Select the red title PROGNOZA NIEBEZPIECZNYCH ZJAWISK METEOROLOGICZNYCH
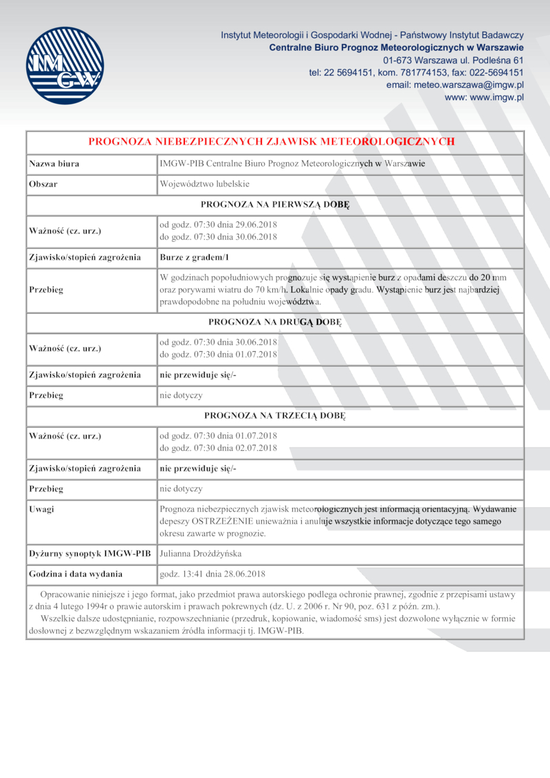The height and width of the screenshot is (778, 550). tap(272, 142)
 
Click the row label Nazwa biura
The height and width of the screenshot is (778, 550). tap(54, 164)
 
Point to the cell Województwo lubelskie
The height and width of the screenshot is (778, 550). tap(204, 184)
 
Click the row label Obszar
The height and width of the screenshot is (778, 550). tap(43, 184)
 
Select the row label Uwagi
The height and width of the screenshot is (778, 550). tap(42, 509)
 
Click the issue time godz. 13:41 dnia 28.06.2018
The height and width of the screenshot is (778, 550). tap(212, 573)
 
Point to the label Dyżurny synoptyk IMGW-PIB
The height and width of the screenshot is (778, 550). tap(89, 553)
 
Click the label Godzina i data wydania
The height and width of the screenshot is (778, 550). tap(76, 573)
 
